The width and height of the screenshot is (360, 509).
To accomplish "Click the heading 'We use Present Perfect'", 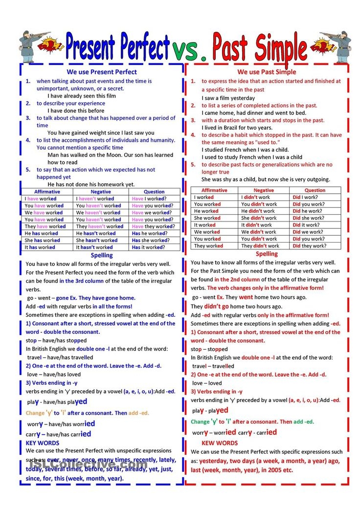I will tap(102, 72).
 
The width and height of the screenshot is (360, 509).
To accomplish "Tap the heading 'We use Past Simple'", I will tap(267, 72).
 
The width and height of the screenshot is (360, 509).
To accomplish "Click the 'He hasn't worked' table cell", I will tap(97, 233).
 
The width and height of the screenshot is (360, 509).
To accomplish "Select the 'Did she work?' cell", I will tap(308, 218).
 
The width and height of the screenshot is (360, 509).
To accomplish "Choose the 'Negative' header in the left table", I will tap(101, 192).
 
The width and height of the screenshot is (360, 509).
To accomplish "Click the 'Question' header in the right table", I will tap(315, 190).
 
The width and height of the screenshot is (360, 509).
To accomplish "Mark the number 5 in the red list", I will tap(193, 165).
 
